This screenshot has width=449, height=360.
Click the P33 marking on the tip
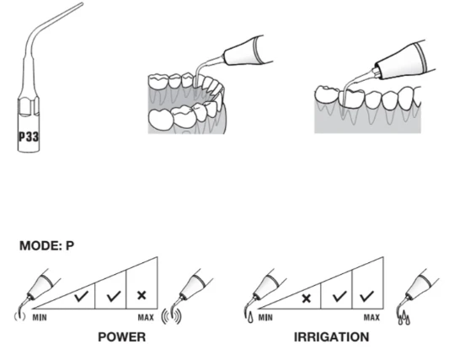[29, 137]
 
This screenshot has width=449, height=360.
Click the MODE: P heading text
[46, 245]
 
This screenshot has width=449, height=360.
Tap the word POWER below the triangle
[121, 336]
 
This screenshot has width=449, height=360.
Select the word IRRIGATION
[332, 336]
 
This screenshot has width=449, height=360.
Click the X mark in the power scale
[142, 295]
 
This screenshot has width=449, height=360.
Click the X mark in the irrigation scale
[306, 298]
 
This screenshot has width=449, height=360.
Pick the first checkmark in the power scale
[82, 296]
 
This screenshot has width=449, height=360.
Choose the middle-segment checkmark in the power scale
[114, 296]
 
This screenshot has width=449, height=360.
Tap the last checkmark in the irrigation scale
[366, 296]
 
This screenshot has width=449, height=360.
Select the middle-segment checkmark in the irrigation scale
[339, 296]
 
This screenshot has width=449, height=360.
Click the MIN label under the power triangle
[40, 318]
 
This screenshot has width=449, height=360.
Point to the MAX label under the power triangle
[146, 318]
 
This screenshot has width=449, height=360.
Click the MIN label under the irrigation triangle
[265, 318]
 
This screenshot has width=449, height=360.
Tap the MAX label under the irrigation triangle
[371, 318]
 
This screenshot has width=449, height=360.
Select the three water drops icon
[404, 318]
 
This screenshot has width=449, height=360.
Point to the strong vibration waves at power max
[172, 316]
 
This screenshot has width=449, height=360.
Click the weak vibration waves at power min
[19, 316]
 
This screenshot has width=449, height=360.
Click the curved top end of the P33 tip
[82, 4]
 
